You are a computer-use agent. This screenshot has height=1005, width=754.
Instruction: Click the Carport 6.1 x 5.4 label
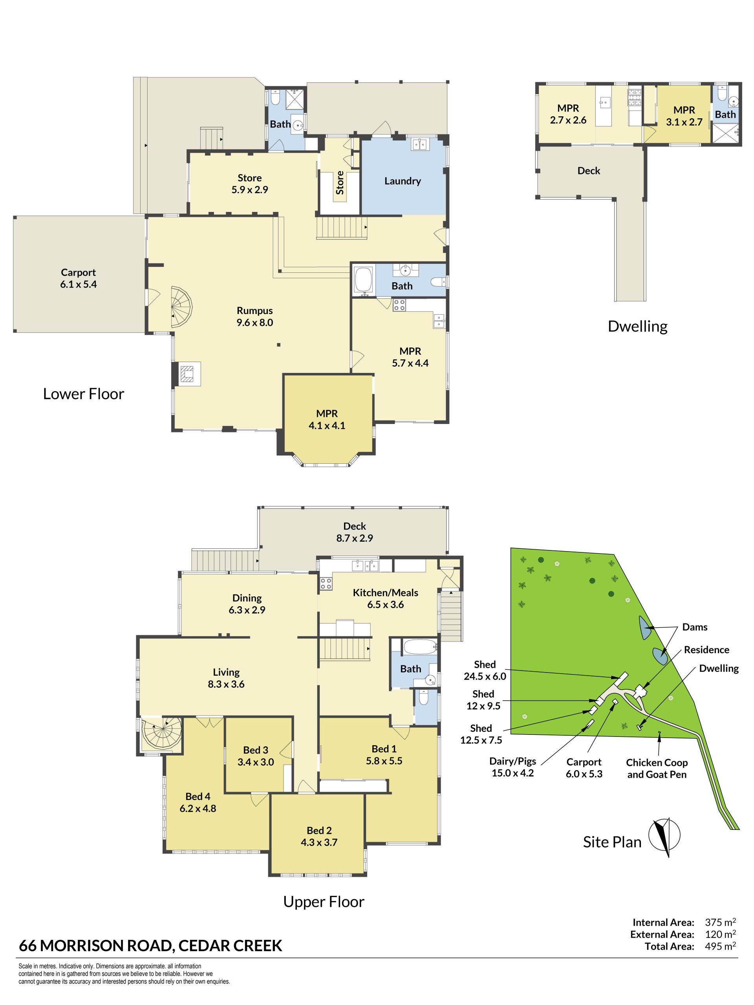[x=79, y=278]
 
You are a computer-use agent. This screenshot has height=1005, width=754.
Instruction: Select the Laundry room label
[x=402, y=181]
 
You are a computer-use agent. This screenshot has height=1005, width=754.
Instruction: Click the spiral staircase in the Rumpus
[x=181, y=307]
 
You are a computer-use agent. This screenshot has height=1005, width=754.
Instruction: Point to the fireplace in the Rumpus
[x=189, y=374]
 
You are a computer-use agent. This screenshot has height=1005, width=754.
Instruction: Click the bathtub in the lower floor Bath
[x=363, y=279]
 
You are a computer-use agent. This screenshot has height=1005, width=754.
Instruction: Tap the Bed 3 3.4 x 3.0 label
[x=255, y=756]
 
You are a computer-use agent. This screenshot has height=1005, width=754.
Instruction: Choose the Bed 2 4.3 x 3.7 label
[x=319, y=836]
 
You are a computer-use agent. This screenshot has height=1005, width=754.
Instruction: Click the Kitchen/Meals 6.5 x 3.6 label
[x=385, y=598]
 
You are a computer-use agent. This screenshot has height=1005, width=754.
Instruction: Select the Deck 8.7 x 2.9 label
[x=355, y=532]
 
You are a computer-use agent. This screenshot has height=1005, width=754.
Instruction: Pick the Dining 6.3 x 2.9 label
[x=247, y=604]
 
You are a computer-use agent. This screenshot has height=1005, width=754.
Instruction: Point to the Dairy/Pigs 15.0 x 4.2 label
[x=512, y=767]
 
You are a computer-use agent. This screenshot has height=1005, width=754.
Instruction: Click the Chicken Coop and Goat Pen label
[x=657, y=768]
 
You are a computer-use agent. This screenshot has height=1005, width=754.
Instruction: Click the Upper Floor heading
[x=324, y=902]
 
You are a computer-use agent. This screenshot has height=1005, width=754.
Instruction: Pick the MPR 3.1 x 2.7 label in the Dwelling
[x=684, y=116]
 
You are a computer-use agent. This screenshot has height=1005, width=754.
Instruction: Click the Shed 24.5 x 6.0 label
[x=485, y=671]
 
